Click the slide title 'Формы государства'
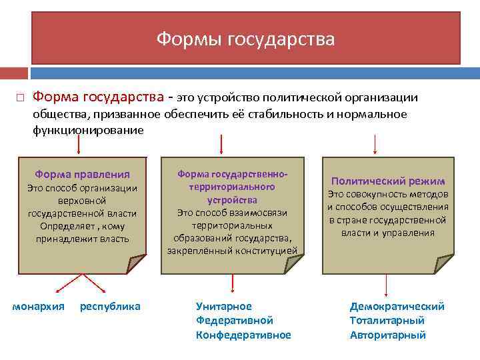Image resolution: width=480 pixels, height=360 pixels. (x=246, y=39)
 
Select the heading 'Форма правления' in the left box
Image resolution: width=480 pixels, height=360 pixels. (x=82, y=174)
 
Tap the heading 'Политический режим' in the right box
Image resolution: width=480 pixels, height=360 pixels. (x=388, y=181)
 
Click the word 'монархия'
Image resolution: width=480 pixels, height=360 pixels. (x=39, y=306)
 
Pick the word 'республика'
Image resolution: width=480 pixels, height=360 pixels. (x=110, y=306)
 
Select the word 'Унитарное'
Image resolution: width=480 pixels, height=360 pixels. (x=224, y=306)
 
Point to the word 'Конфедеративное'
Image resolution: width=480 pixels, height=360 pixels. (x=243, y=335)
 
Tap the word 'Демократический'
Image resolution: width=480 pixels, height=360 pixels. (x=397, y=306)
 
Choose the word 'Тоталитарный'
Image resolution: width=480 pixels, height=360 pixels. (x=387, y=321)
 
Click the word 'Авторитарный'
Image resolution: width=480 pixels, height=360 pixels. (x=388, y=335)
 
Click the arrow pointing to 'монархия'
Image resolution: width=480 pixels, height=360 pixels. (x=67, y=283)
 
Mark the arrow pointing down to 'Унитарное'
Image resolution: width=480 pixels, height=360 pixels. (x=231, y=283)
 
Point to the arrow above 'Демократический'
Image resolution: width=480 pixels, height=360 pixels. (x=387, y=283)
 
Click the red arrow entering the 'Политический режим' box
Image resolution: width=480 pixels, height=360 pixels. (x=375, y=143)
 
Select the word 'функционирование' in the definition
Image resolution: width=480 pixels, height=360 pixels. (x=88, y=130)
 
